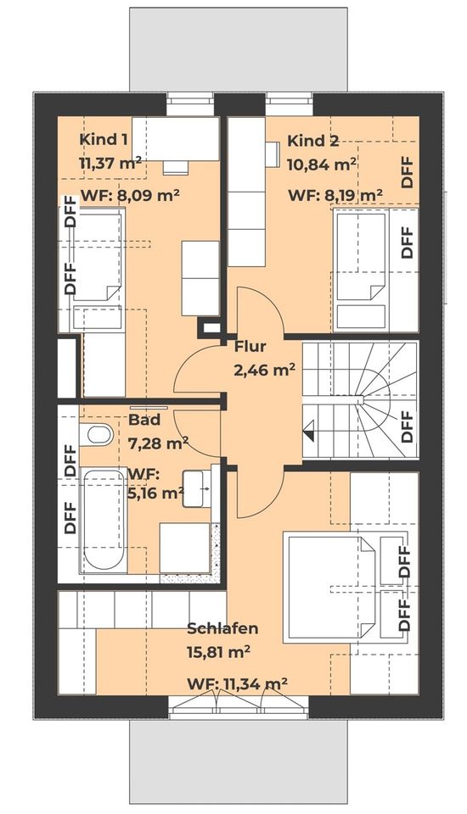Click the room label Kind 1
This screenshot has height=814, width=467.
point(104,140)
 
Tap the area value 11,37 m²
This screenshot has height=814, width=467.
point(110,163)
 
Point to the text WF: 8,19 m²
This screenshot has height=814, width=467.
point(335,195)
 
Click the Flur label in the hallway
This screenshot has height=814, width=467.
point(250,346)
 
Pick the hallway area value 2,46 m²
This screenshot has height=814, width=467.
point(264,369)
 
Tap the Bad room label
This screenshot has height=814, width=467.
point(144,420)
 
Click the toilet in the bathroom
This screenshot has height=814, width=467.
point(99,436)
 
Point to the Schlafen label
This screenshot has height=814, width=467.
point(222,629)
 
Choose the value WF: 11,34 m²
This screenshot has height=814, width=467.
point(237,683)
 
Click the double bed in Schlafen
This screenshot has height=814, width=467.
point(328,585)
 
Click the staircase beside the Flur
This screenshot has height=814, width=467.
point(361,399)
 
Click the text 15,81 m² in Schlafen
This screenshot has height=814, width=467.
point(218,653)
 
